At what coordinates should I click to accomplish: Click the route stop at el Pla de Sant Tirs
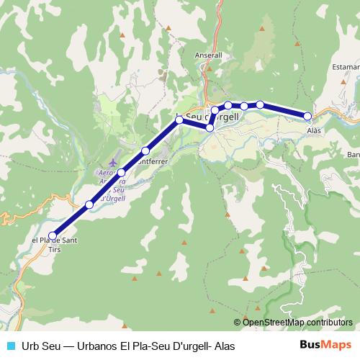[53, 235]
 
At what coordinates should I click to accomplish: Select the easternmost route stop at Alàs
[307, 116]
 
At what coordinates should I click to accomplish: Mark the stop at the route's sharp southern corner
[210, 127]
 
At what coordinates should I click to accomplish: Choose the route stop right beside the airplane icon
[122, 173]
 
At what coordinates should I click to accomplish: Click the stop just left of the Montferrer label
[145, 150]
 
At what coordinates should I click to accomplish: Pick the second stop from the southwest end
[89, 204]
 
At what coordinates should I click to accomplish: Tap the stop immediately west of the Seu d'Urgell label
[179, 119]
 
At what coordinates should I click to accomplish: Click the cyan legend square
[10, 345]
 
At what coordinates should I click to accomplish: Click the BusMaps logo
[325, 344]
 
